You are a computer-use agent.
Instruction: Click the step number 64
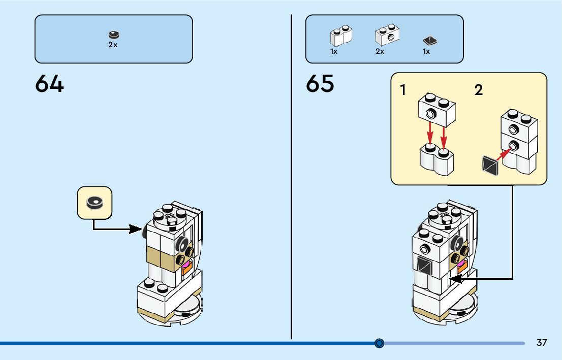(49, 84)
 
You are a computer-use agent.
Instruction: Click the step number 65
(320, 84)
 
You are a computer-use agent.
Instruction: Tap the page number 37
(542, 343)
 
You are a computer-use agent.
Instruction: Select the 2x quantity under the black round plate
(113, 45)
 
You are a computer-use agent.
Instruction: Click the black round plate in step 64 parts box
(113, 35)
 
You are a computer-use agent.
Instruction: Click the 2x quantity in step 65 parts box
(380, 51)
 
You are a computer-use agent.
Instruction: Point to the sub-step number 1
(403, 91)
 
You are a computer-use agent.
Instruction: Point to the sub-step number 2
(478, 91)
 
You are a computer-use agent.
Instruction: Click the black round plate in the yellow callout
(94, 203)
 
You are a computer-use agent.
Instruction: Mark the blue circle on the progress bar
(379, 343)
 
